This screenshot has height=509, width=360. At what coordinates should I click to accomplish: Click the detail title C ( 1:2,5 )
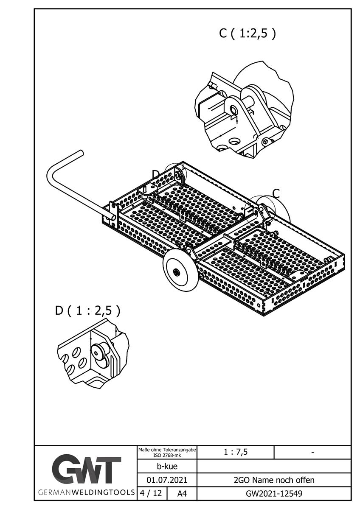pyautogui.click(x=247, y=34)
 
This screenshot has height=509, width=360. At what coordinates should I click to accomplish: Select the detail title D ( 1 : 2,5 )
pyautogui.click(x=88, y=310)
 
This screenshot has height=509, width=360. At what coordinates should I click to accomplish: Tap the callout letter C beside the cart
pyautogui.click(x=276, y=193)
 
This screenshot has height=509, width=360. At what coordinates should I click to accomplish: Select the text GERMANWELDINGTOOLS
pyautogui.click(x=87, y=493)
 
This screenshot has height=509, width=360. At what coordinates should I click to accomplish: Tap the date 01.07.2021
pyautogui.click(x=167, y=480)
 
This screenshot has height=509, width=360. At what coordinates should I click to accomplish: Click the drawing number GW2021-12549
pyautogui.click(x=274, y=493)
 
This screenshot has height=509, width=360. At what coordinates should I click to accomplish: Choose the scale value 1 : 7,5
pyautogui.click(x=236, y=452)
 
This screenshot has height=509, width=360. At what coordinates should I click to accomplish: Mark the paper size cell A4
pyautogui.click(x=181, y=493)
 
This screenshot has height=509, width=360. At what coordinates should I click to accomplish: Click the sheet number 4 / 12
pyautogui.click(x=150, y=493)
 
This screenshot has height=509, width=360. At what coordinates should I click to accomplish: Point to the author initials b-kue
pyautogui.click(x=167, y=467)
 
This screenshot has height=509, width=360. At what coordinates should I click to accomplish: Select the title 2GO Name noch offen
pyautogui.click(x=274, y=480)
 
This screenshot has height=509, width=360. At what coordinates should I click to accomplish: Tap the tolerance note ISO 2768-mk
pyautogui.click(x=167, y=455)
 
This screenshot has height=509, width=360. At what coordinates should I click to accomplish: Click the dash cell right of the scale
pyautogui.click(x=312, y=452)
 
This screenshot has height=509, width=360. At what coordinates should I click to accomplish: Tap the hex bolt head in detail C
pyautogui.click(x=266, y=141)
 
